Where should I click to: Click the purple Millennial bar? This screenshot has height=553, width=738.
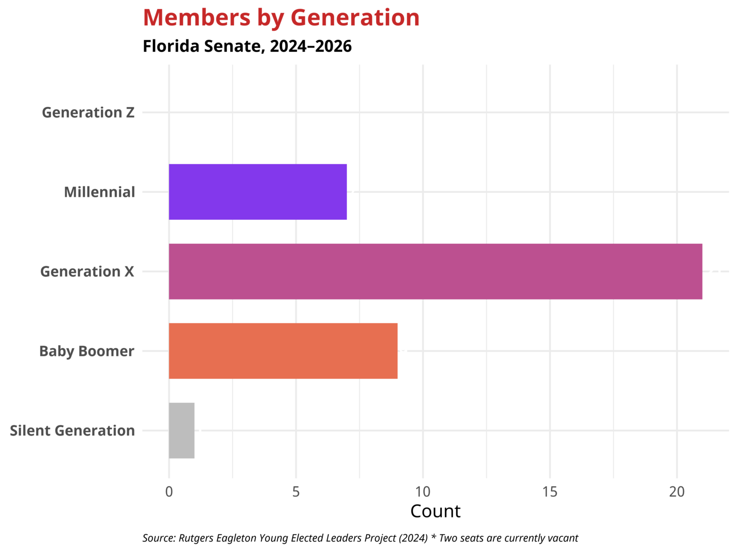(x=258, y=192)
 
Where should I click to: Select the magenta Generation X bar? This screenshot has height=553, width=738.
(x=435, y=272)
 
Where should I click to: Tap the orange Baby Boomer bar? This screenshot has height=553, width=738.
(x=283, y=351)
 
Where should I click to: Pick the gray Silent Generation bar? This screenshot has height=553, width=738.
(x=182, y=431)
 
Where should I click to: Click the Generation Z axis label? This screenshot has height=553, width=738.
(x=88, y=112)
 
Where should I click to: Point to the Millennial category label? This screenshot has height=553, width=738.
(x=99, y=192)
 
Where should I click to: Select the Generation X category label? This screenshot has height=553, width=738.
(x=87, y=272)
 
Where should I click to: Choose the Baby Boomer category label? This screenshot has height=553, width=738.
(x=86, y=351)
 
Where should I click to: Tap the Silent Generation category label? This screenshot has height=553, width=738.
(x=72, y=431)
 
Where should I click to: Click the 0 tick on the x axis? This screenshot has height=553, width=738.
(x=169, y=492)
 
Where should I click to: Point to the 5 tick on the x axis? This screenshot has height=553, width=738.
(x=296, y=492)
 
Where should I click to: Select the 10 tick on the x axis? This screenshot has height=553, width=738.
(x=423, y=492)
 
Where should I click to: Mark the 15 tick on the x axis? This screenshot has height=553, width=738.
(x=550, y=492)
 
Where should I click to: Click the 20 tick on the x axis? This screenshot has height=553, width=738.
(x=677, y=492)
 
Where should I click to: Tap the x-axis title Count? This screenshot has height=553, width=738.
(x=435, y=511)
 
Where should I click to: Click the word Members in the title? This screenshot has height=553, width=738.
(x=197, y=18)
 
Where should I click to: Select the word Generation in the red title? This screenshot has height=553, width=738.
(x=355, y=18)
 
